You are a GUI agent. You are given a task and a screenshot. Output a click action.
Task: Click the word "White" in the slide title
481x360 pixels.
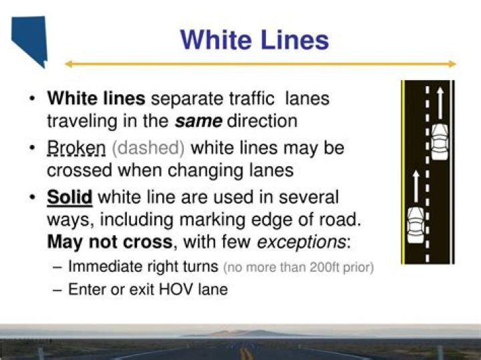214,39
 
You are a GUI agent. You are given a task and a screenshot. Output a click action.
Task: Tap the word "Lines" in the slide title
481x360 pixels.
292,39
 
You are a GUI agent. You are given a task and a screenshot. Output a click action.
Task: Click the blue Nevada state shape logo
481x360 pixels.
30,39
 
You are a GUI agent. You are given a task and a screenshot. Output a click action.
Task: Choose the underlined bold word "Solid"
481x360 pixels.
69,198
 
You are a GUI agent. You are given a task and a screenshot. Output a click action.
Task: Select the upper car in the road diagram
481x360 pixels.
439,140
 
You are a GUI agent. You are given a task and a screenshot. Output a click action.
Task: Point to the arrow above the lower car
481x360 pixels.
415,187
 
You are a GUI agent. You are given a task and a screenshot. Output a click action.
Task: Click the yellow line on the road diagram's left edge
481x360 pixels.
403,172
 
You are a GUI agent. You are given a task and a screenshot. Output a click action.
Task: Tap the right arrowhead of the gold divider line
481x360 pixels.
453,64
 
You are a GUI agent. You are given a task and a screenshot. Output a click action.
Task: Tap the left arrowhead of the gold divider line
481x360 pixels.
68,64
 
